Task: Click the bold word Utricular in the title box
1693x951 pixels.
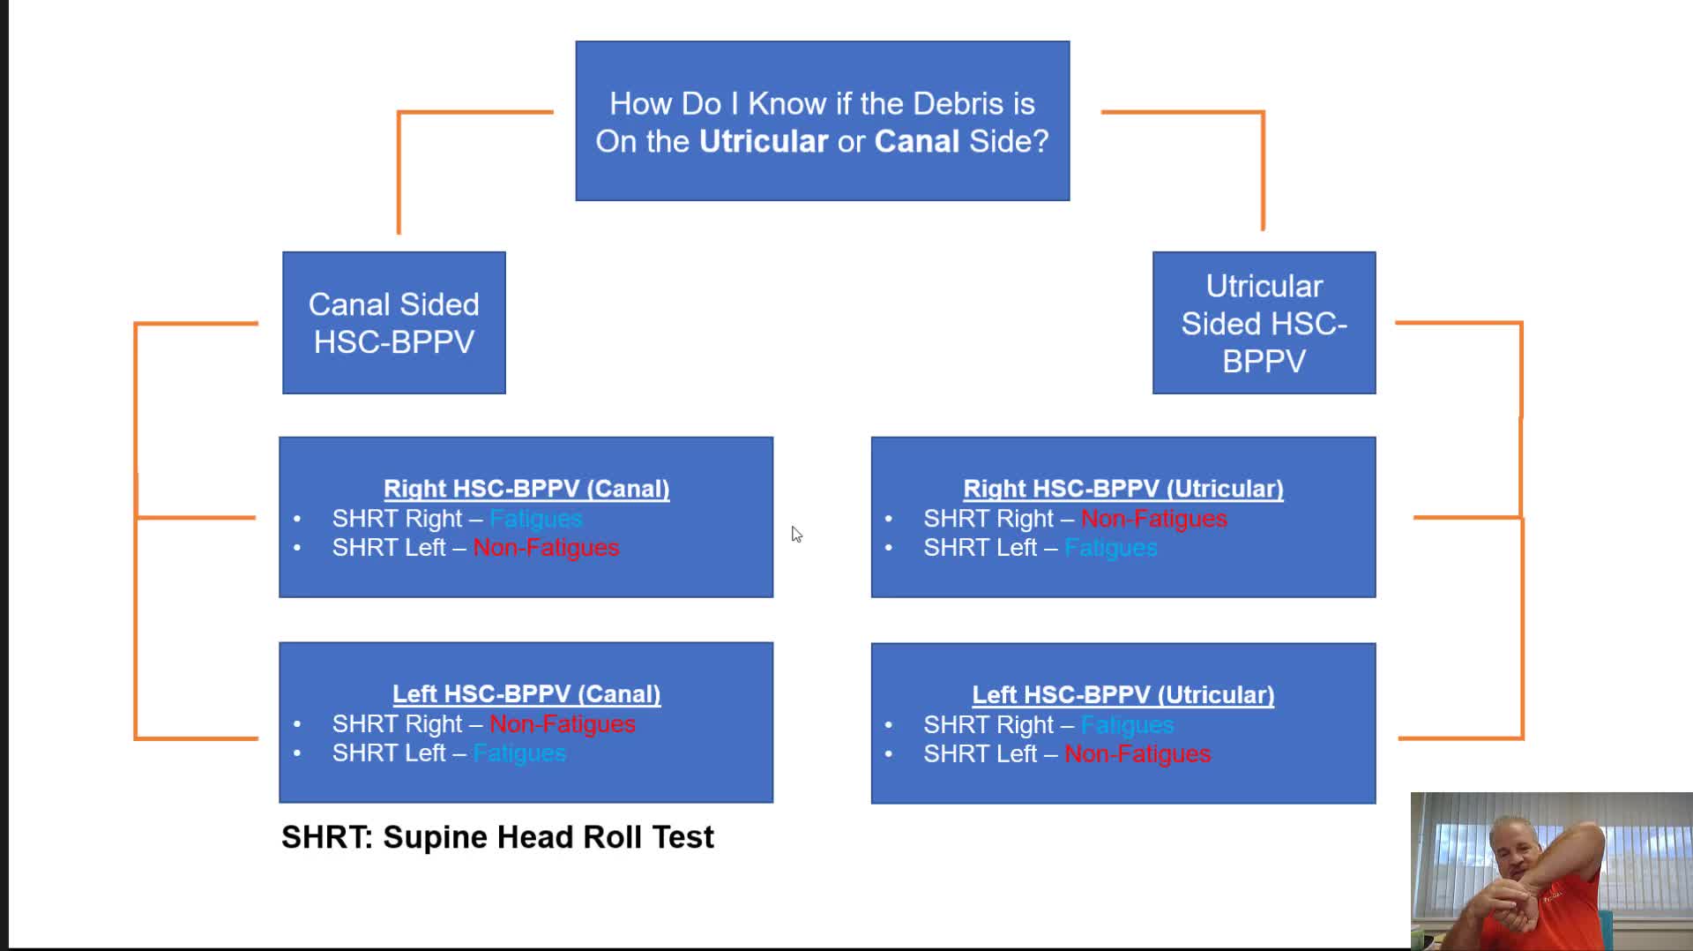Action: tap(763, 141)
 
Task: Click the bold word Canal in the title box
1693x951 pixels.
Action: tap(916, 141)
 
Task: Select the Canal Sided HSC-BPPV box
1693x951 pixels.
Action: tap(393, 323)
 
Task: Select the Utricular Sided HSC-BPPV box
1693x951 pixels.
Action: tap(1264, 323)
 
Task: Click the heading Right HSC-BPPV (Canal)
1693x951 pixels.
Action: tap(526, 489)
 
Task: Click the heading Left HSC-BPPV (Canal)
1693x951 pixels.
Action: tap(526, 694)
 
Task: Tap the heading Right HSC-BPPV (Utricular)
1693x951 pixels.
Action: tap(1122, 489)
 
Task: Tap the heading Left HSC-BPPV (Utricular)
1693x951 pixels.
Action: tap(1122, 695)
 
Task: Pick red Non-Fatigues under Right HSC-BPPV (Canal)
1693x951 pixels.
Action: tap(546, 548)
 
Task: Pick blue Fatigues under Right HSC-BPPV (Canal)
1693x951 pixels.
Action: tap(535, 519)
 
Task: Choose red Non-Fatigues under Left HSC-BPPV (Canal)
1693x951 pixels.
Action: tap(562, 724)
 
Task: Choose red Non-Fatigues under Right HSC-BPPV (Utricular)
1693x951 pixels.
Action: tap(1153, 519)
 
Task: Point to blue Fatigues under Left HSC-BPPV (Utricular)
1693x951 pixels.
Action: tap(1127, 725)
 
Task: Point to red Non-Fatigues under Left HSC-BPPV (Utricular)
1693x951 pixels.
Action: tap(1137, 754)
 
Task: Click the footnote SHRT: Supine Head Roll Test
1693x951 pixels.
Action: tap(497, 837)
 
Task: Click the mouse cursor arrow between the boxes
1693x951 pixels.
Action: tap(796, 534)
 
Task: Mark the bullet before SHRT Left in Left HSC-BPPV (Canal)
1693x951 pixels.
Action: tap(297, 753)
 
